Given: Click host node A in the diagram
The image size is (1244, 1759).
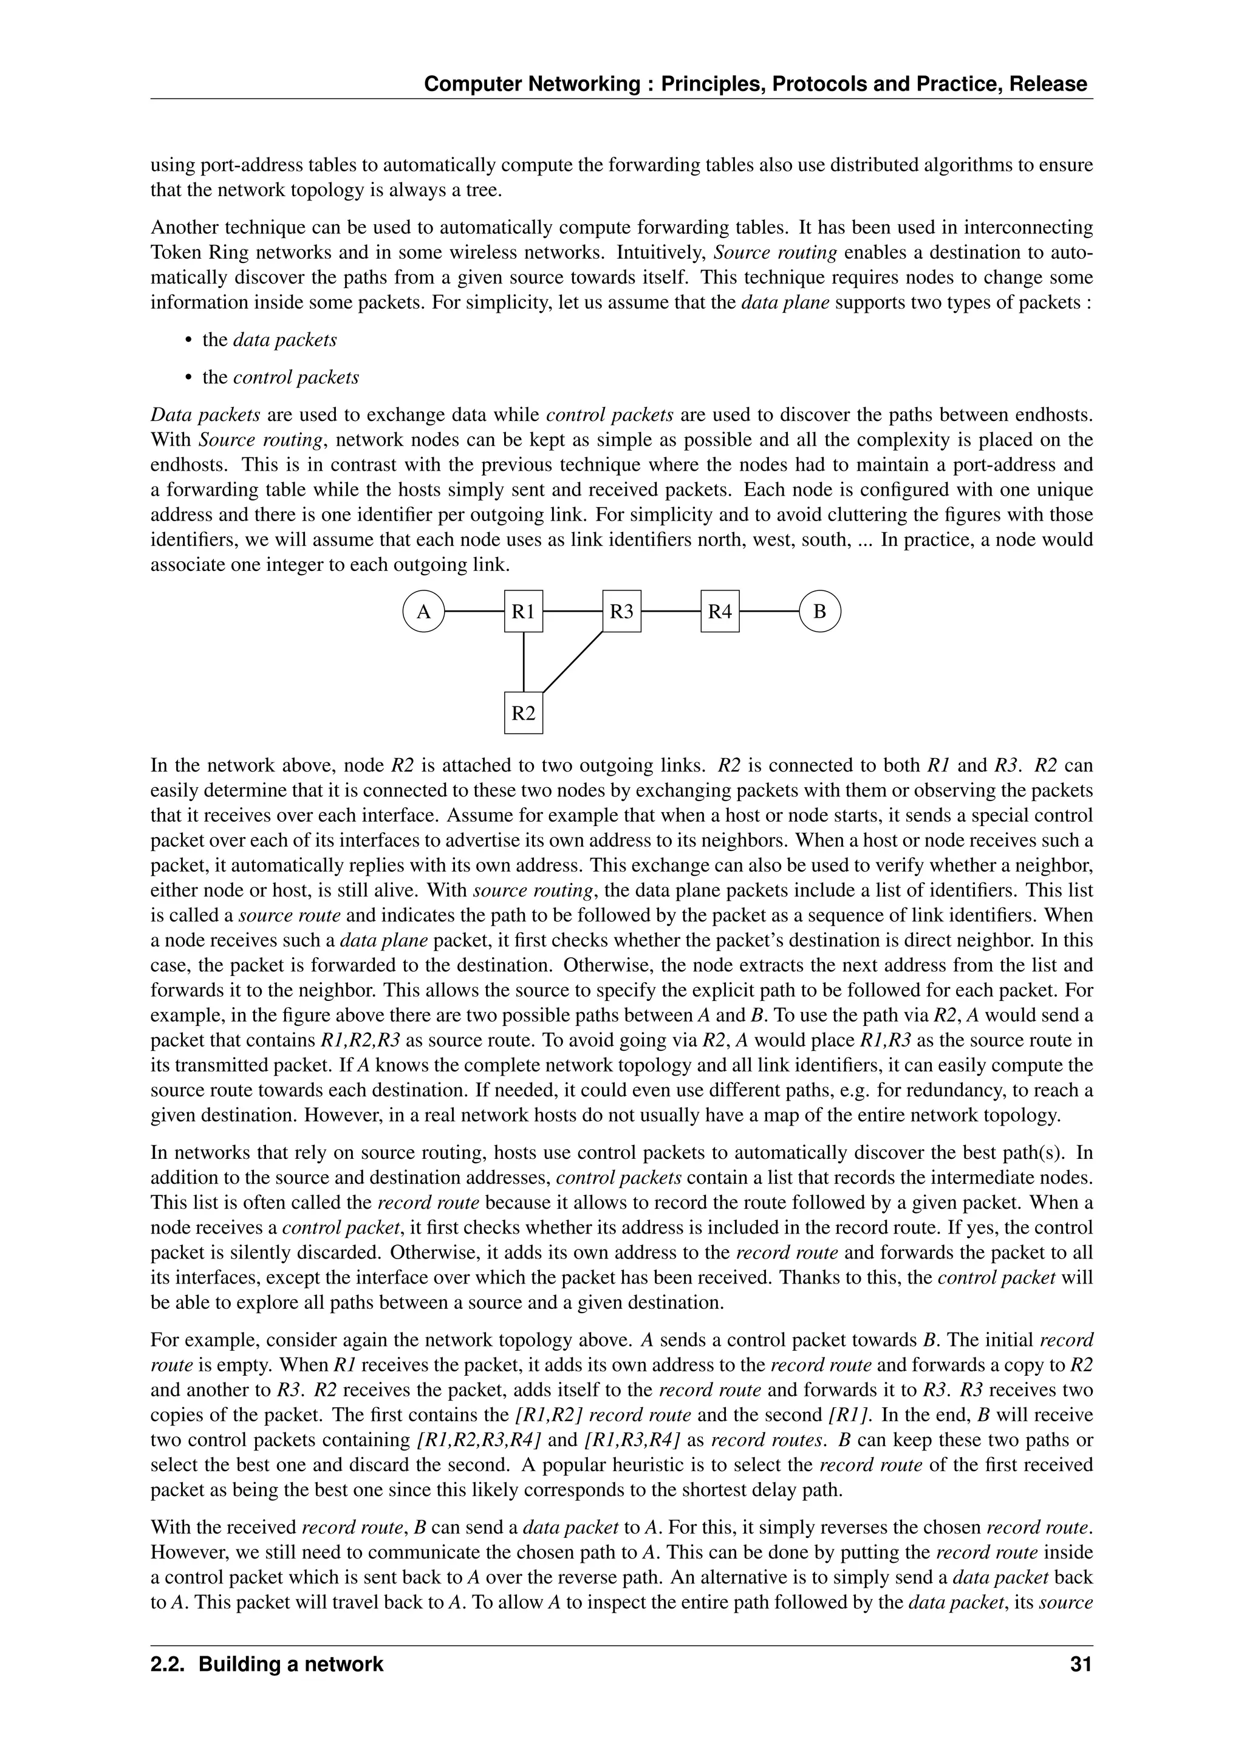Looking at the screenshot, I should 423,612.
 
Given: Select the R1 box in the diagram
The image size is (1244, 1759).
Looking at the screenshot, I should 523,612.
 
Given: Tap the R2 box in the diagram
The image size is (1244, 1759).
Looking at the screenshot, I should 523,713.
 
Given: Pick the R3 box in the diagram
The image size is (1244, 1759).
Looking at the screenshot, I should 621,612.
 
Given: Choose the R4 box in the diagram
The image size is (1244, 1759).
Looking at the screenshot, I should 720,612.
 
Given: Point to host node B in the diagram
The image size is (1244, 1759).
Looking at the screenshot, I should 819,612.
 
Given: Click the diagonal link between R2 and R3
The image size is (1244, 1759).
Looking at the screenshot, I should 572,662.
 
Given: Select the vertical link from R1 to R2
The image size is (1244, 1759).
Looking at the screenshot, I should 523,662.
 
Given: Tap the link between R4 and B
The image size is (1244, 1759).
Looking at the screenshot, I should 769,612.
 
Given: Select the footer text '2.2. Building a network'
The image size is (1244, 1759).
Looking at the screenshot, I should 267,1664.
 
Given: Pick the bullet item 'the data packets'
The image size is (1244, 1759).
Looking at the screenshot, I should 269,340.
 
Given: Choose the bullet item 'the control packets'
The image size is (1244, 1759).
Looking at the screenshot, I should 281,377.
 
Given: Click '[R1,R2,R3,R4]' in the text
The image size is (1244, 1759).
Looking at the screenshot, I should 478,1440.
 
